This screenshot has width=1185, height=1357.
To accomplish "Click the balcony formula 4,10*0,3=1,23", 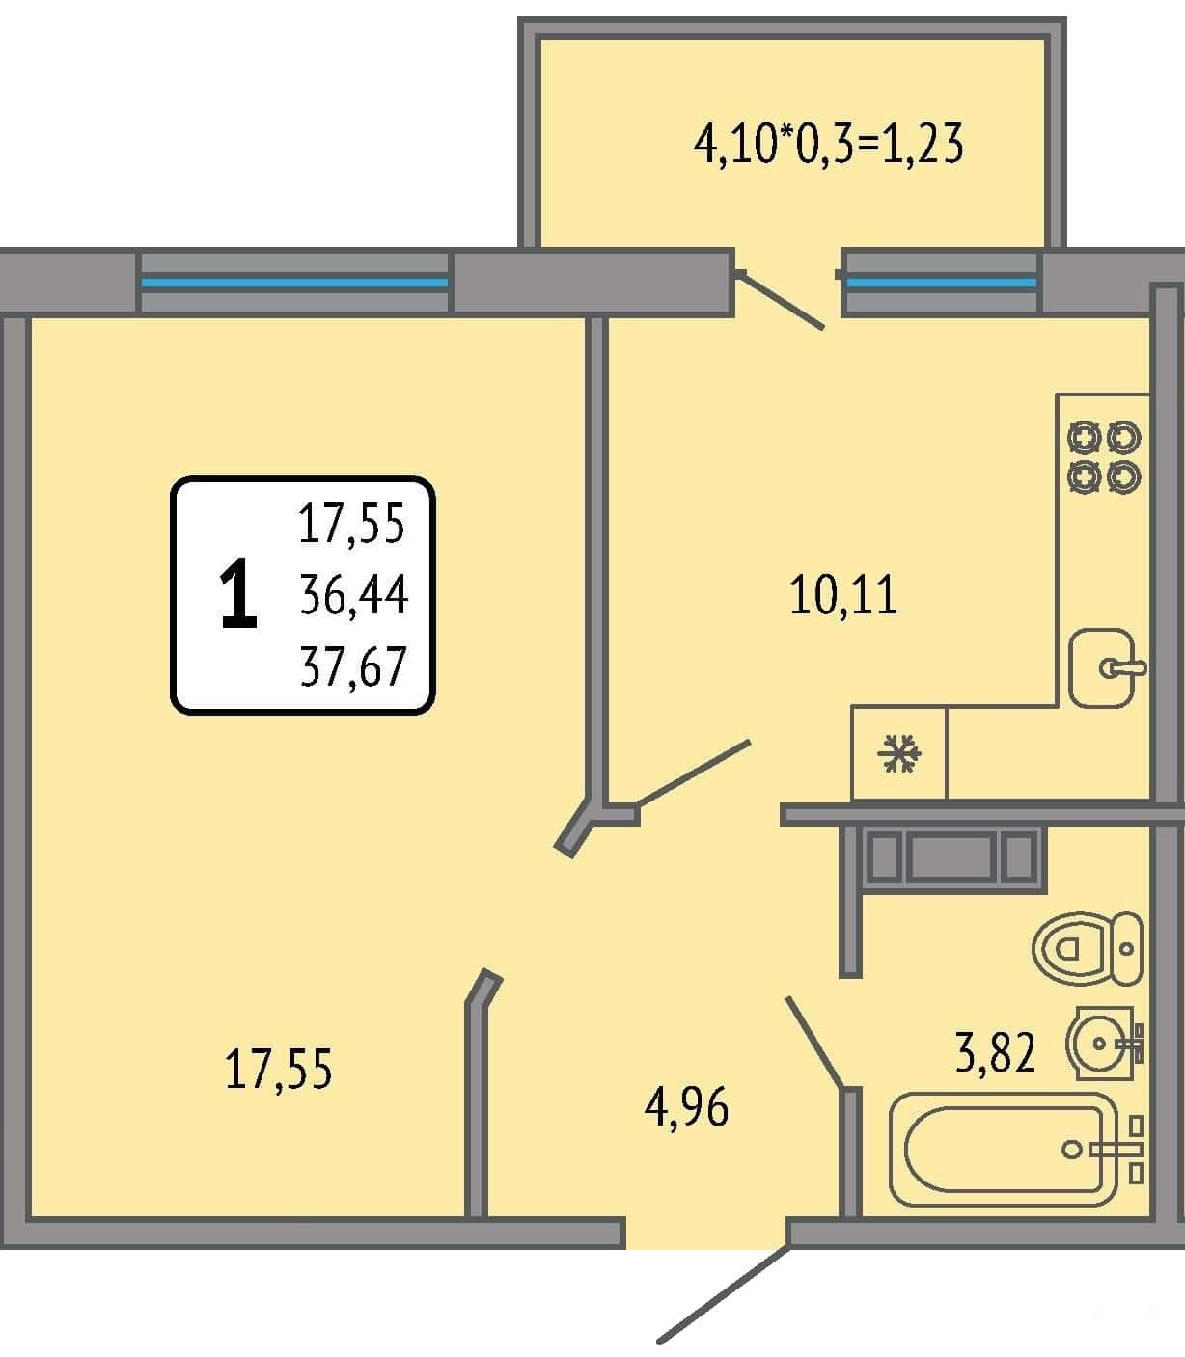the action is (828, 144).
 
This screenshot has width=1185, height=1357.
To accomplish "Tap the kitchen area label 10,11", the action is (843, 594).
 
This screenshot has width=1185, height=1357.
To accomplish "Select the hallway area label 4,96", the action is (686, 1107).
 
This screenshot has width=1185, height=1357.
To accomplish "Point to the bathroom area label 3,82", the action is (995, 1052).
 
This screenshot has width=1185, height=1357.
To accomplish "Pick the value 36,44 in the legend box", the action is (353, 594).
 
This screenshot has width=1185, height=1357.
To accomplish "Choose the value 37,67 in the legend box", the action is (353, 665).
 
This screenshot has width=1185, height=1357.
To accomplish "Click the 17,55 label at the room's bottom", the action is (278, 1069).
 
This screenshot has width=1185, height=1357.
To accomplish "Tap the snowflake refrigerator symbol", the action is (899, 753).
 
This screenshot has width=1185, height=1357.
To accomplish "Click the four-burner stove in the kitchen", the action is (1104, 457).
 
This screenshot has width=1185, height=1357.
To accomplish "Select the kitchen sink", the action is (1104, 667).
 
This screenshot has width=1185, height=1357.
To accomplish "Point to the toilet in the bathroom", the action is (1088, 948).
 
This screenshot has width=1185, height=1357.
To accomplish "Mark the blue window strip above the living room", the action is (294, 283).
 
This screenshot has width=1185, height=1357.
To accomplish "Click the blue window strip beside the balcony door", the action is (942, 283).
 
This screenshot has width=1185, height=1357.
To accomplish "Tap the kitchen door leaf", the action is (693, 773).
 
